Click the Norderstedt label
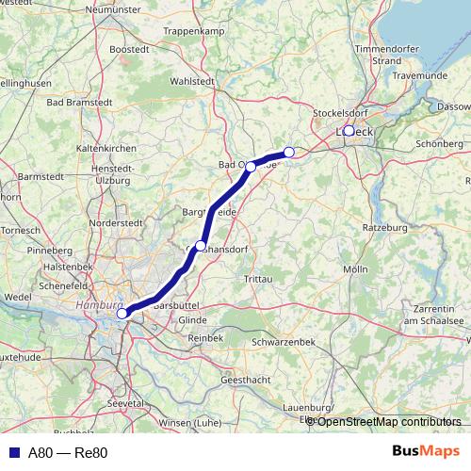(117, 222)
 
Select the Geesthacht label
(246, 379)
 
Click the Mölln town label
(355, 269)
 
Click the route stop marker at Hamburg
(122, 314)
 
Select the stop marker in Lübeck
(349, 131)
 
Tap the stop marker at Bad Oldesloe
(251, 165)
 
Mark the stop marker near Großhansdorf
(201, 245)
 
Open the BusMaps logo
(428, 451)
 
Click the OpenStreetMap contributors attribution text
(388, 421)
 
